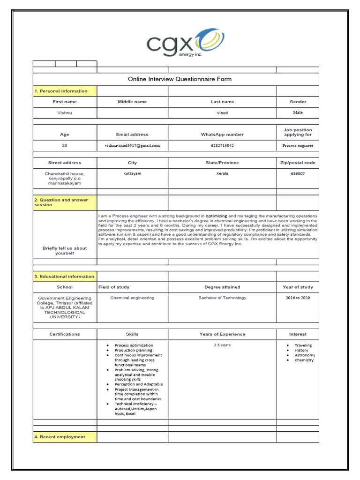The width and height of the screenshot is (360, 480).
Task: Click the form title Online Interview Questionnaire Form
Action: tap(180, 79)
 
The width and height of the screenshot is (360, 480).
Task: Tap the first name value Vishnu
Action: tap(65, 113)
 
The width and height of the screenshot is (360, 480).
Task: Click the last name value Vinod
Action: tap(222, 113)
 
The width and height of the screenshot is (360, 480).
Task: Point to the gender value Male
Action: tap(298, 112)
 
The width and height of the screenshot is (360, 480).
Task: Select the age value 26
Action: tap(65, 145)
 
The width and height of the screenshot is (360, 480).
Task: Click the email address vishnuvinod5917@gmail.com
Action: tap(132, 146)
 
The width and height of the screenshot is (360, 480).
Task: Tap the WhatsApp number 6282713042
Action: tap(222, 146)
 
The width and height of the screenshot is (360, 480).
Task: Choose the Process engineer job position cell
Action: tap(298, 146)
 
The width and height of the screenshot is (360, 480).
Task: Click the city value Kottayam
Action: tap(132, 173)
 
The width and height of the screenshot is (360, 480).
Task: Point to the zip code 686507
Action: tap(298, 173)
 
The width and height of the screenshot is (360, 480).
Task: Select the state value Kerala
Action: tap(222, 173)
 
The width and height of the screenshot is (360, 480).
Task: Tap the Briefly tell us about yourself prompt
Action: tap(65, 251)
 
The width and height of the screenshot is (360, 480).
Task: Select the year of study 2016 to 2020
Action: tap(298, 298)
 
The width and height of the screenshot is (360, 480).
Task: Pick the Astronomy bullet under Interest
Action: tap(305, 355)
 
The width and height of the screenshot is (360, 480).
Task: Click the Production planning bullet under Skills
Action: tap(133, 350)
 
